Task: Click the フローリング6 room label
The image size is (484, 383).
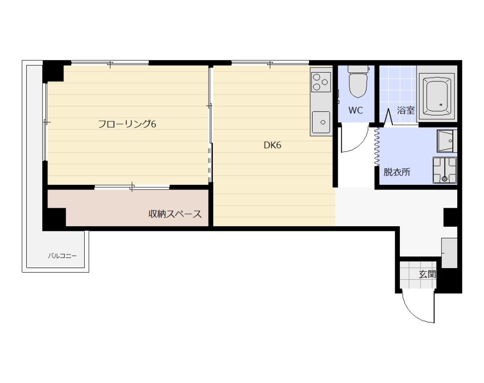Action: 127,124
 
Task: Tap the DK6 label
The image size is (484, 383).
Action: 272,145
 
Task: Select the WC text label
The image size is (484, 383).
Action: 355,110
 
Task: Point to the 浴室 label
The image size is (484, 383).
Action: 405,110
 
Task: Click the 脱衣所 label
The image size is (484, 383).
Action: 397,172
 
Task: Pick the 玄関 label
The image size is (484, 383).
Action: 427,274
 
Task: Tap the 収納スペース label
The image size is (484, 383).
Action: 175,214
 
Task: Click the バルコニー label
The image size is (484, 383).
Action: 63,256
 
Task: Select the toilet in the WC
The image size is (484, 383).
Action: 358,81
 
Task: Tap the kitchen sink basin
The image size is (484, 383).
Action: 321,122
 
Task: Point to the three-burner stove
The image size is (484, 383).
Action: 321,82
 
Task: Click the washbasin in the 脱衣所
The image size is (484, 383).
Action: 446,141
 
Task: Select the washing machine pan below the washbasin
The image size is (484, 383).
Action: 445,169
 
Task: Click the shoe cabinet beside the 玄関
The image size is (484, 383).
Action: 449,253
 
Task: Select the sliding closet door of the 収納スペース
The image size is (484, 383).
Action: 132,187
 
